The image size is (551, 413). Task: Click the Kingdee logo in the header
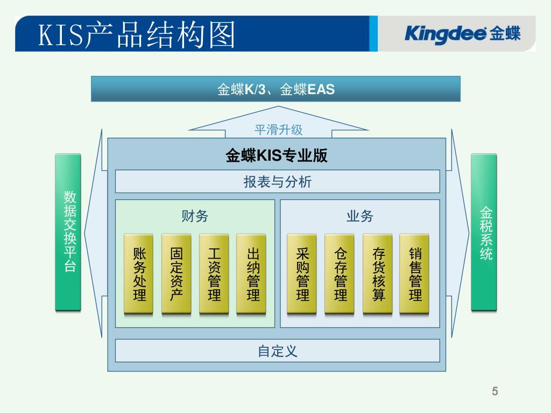[462, 34]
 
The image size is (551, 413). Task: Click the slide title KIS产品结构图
[137, 35]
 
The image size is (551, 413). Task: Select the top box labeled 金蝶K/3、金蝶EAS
[275, 89]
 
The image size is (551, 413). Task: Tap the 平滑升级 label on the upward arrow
[278, 130]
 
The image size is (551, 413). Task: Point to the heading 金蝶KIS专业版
[277, 156]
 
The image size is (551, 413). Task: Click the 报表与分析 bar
[277, 182]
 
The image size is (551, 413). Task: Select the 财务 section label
[195, 216]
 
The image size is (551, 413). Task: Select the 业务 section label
[359, 216]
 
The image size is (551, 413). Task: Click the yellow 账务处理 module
[139, 274]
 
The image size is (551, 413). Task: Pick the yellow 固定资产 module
[176, 274]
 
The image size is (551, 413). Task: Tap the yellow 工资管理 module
[214, 274]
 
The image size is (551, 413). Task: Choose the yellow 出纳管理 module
[251, 274]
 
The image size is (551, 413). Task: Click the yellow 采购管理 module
[302, 274]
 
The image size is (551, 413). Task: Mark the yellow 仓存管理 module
[340, 274]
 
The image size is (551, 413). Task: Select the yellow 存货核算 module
[378, 274]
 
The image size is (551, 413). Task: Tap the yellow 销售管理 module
[414, 274]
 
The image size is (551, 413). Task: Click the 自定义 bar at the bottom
[277, 351]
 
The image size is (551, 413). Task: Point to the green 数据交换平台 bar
[68, 232]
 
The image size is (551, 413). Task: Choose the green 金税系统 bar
[484, 232]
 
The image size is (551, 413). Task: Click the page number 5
[495, 391]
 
